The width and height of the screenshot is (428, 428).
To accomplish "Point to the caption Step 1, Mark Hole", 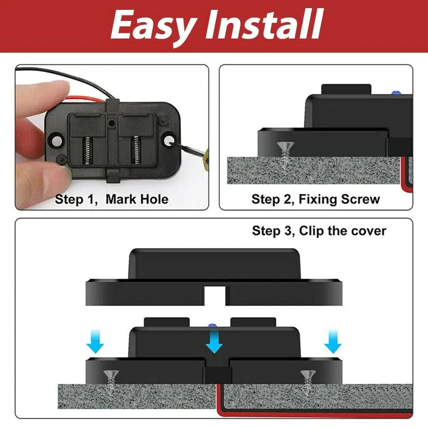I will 112,199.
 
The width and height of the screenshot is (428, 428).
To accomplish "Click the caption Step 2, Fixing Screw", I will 315,199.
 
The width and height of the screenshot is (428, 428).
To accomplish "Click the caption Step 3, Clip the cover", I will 319,231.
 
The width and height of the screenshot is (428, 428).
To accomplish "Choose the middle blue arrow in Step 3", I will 214,342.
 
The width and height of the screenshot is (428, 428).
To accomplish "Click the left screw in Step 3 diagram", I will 111,380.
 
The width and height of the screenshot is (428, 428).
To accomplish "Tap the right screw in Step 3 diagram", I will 308,380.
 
